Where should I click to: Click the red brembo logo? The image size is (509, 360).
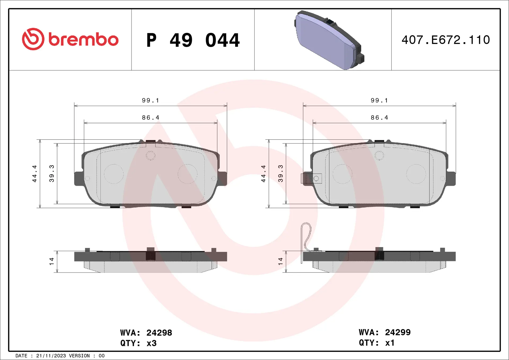[70, 39]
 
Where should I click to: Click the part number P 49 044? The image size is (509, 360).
[193, 40]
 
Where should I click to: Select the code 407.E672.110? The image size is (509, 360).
[446, 40]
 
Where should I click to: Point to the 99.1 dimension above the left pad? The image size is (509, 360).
[150, 100]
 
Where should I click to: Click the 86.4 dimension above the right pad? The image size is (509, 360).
[379, 117]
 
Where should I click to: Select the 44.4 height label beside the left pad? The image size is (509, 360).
[34, 174]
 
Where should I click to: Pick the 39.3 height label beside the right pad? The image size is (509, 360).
[280, 174]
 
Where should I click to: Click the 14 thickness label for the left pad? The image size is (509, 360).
[51, 261]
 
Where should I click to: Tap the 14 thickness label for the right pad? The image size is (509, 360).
[280, 261]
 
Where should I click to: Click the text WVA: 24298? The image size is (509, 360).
[146, 332]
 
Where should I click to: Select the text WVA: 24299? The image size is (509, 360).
[385, 332]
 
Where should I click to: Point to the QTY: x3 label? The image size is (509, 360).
[138, 343]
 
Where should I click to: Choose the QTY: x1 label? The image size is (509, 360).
[377, 343]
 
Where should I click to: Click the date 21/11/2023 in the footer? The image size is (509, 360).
[51, 356]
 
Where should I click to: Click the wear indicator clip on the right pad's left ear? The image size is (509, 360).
[311, 178]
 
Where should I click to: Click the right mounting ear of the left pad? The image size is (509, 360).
[222, 178]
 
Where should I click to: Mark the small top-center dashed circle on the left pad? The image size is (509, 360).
[151, 156]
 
